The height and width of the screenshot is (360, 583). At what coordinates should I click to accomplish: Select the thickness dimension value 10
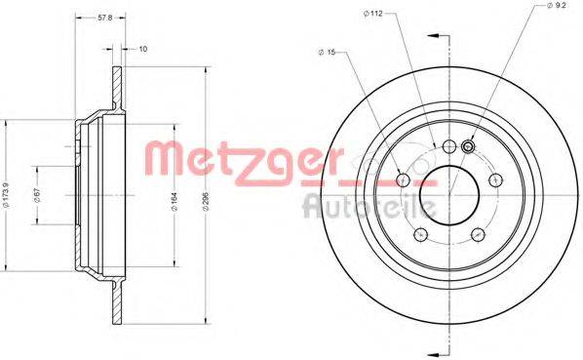[142, 49]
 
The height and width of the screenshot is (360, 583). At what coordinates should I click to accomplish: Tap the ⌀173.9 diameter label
[5, 194]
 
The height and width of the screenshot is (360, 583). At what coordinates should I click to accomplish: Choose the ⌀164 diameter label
[175, 202]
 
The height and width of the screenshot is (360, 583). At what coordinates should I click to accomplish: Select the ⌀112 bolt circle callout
[373, 14]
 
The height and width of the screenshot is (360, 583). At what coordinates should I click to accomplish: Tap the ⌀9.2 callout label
[556, 6]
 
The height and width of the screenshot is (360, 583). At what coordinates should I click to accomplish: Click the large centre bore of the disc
[449, 196]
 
